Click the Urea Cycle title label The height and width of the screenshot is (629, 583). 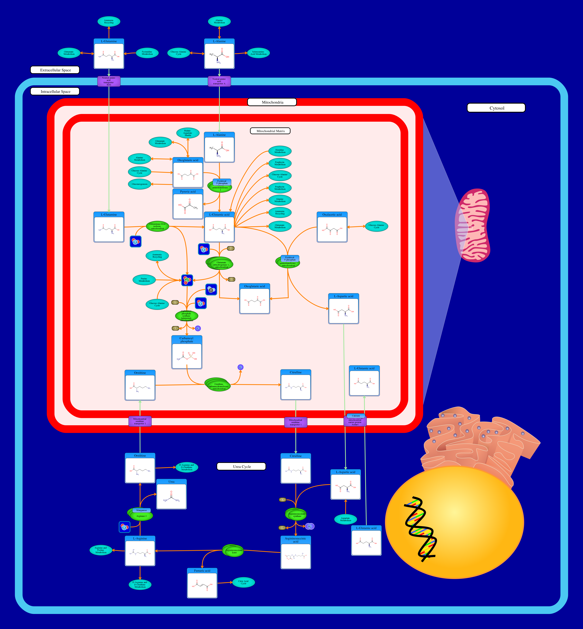(241, 467)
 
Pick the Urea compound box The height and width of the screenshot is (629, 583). (171, 494)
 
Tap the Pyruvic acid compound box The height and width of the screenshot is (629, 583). (188, 204)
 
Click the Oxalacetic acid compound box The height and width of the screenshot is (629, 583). (332, 227)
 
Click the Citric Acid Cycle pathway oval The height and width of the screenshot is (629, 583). (243, 582)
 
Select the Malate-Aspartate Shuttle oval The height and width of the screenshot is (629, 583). (188, 133)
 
